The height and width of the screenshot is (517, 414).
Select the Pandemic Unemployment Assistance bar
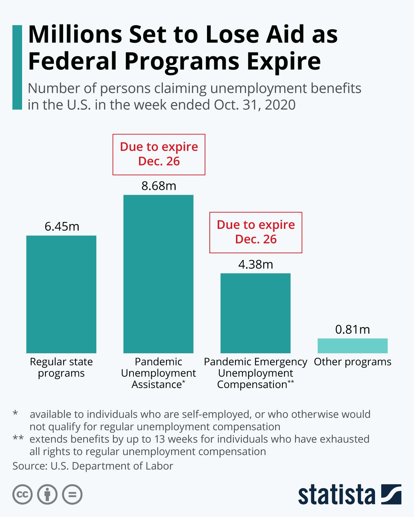[158, 274]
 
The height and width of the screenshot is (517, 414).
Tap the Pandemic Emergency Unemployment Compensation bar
[255, 313]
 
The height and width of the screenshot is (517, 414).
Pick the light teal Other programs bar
[352, 346]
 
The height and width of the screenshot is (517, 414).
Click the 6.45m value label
[62, 226]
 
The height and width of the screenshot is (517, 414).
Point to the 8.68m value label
[159, 186]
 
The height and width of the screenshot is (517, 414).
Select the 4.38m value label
[256, 264]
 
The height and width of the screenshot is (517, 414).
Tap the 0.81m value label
[352, 330]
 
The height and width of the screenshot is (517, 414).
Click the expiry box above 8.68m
[159, 154]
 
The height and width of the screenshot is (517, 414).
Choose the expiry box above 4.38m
[256, 232]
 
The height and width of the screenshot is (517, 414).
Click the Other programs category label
[352, 362]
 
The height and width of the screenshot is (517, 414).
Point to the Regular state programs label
[61, 367]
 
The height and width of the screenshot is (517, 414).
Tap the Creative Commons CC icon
[22, 495]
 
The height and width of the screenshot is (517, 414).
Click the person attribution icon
[47, 495]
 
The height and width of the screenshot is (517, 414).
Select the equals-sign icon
[72, 495]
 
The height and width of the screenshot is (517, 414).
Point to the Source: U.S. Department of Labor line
[93, 466]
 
